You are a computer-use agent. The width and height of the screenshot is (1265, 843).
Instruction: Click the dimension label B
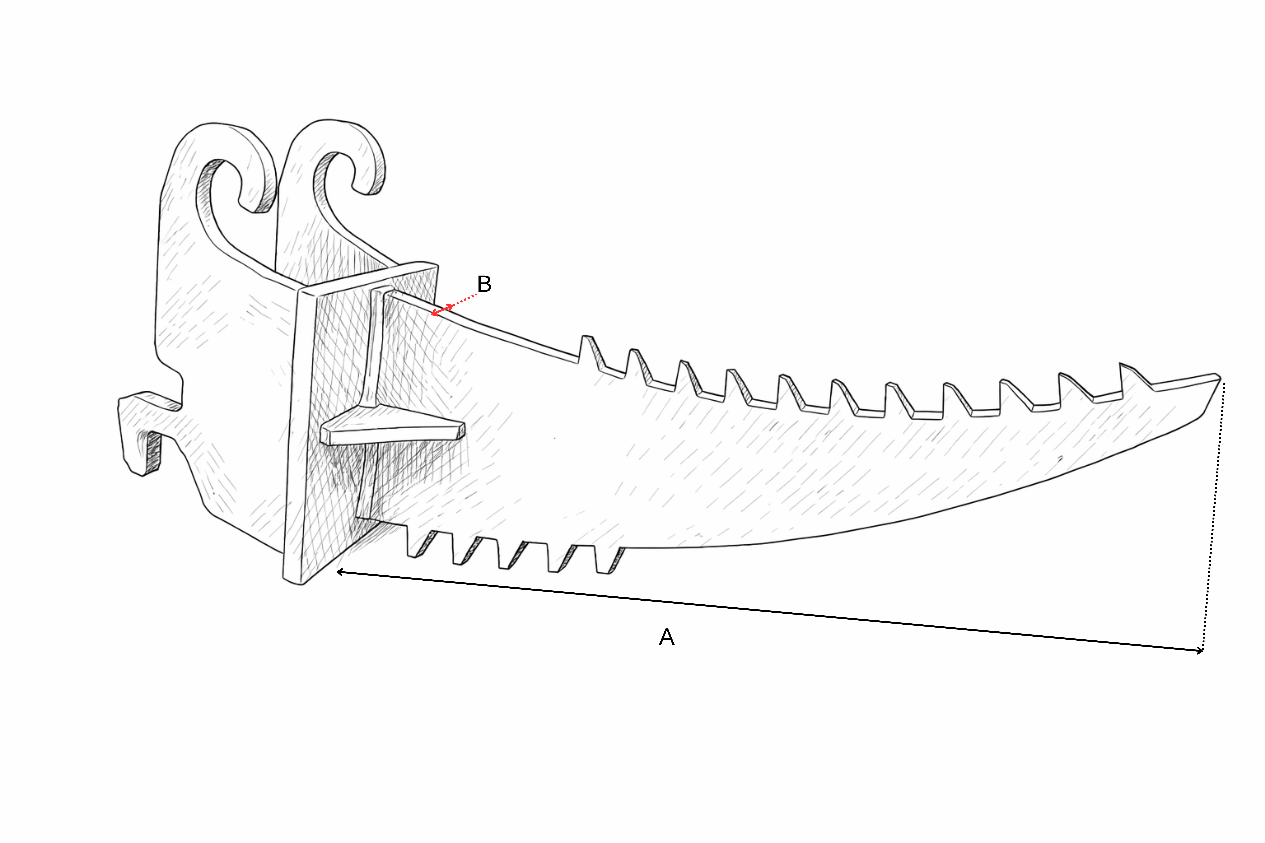click(484, 284)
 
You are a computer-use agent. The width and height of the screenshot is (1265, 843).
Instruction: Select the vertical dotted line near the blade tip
click(1214, 516)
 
